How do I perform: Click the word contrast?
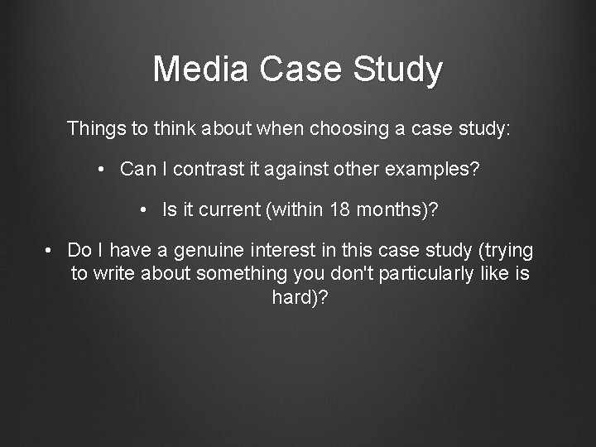(198, 170)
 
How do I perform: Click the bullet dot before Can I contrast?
(100, 171)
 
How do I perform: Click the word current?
(230, 210)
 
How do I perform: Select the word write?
(114, 274)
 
